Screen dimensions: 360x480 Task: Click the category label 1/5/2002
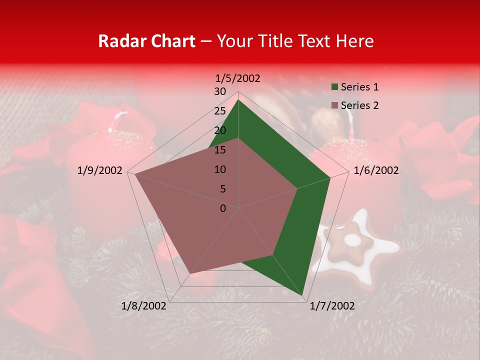238,78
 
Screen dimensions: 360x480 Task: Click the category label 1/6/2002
376,170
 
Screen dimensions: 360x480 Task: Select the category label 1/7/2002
332,306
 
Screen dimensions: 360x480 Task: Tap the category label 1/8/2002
144,306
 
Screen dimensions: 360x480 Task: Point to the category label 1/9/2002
100,170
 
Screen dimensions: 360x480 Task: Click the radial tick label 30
220,91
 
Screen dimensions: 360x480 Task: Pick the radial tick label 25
220,111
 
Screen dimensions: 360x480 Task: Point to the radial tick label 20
220,130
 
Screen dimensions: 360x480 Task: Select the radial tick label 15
220,150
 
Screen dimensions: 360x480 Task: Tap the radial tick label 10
220,169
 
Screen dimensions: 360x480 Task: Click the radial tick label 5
223,189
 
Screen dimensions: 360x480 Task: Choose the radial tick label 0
223,208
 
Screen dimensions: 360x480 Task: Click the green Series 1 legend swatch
333,87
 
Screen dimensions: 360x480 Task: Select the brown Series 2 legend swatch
333,105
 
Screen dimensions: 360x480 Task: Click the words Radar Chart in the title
146,41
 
